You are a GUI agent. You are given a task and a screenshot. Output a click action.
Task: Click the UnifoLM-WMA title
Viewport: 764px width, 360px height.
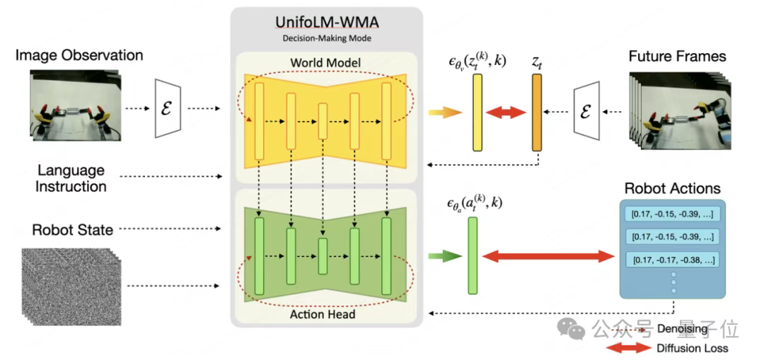[x=328, y=23]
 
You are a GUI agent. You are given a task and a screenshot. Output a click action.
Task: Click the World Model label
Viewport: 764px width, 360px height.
[x=326, y=63]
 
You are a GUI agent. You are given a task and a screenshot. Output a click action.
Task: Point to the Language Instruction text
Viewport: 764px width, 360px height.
[x=71, y=178]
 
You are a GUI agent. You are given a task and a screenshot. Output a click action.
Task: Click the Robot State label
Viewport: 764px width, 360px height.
[x=73, y=229]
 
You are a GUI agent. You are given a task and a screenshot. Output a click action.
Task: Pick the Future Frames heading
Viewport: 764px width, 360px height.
[x=678, y=56]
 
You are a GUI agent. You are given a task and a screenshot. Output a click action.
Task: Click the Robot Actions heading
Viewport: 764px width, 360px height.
[x=672, y=188]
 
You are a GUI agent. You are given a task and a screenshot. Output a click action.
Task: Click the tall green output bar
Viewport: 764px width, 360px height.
[x=473, y=255]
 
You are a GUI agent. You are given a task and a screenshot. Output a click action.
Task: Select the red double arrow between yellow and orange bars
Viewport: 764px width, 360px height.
[x=507, y=112]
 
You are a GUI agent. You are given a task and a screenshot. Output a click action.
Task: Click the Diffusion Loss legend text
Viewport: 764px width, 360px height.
[x=692, y=348]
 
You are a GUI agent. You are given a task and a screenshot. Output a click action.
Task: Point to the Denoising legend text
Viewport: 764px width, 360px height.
[x=681, y=329]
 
